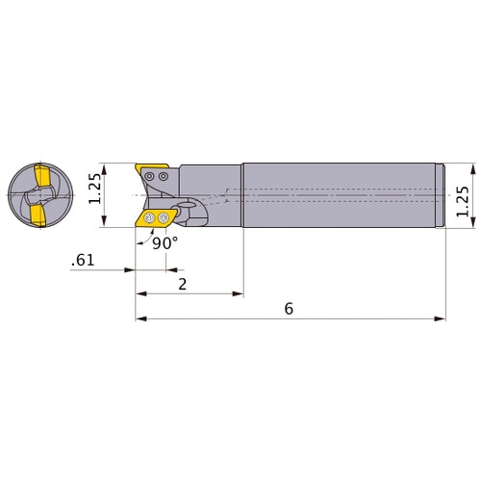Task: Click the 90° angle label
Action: pos(165,243)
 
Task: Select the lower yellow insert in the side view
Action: pos(154,218)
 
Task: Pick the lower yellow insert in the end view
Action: pos(36,214)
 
